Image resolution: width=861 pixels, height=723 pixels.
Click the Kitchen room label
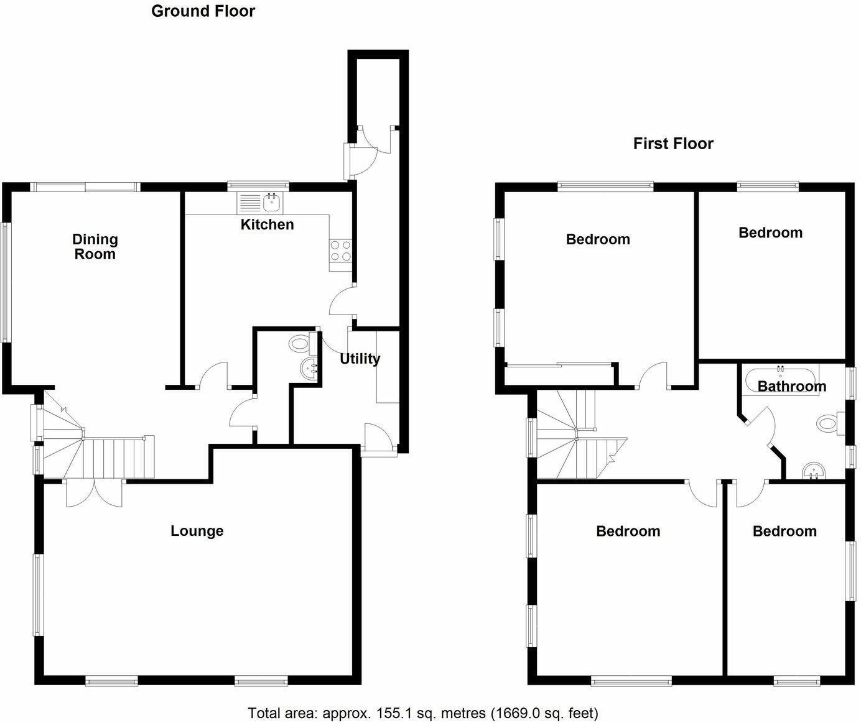[x=267, y=224]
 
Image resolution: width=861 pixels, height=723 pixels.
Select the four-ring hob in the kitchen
[x=340, y=251]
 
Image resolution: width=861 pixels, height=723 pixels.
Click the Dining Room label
[x=95, y=247]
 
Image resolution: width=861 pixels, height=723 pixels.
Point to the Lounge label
[x=197, y=531]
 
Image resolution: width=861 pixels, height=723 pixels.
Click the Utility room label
[x=360, y=359]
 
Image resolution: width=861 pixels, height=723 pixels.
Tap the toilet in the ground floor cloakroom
[x=302, y=343]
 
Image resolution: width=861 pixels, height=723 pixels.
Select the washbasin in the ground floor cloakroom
[x=309, y=369]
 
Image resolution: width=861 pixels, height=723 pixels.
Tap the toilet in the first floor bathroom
[x=829, y=424]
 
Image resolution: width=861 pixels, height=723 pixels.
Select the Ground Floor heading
[x=203, y=11]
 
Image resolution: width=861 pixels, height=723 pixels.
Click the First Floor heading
[x=673, y=144]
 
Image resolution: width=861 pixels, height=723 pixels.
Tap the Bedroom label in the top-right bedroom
[x=770, y=233]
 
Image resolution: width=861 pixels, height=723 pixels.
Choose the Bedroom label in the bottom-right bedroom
[x=784, y=531]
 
